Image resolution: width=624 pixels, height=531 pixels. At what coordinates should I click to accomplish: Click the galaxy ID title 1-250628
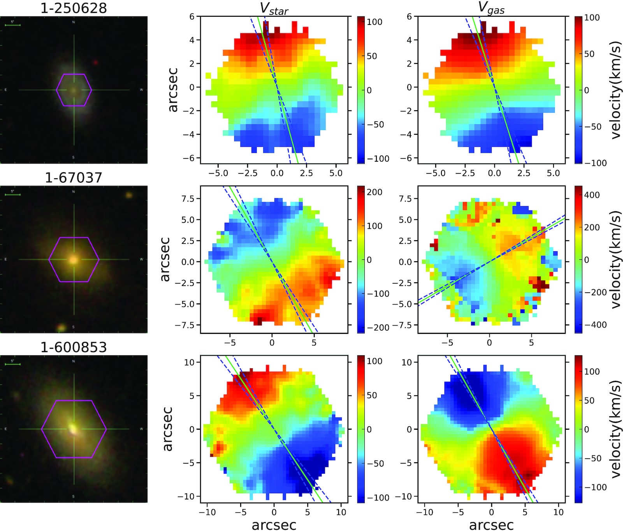[74, 8]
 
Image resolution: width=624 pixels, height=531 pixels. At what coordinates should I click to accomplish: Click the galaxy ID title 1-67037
[74, 178]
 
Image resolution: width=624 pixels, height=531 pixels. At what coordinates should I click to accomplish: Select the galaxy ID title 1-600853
[74, 347]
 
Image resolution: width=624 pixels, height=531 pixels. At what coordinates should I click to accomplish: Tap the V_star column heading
[274, 9]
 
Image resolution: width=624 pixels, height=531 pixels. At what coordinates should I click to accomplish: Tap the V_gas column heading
[491, 9]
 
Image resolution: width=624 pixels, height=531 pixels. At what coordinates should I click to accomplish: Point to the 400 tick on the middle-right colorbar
[592, 195]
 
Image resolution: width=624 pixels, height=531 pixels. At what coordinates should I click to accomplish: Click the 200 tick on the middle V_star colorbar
[374, 192]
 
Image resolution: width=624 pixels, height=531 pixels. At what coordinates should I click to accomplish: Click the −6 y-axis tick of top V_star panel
[192, 158]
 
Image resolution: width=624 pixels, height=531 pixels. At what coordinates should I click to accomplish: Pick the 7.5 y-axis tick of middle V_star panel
[188, 199]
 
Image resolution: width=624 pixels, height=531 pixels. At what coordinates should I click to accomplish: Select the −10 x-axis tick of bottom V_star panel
[207, 512]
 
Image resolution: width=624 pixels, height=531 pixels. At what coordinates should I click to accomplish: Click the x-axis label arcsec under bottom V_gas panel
[491, 524]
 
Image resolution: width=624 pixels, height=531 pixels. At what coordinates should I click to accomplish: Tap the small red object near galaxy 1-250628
[96, 62]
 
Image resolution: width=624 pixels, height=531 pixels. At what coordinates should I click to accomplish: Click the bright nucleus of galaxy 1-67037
[74, 259]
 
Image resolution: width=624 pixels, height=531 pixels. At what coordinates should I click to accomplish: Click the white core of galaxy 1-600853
[73, 429]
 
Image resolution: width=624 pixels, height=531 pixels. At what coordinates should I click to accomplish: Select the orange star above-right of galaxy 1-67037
[129, 195]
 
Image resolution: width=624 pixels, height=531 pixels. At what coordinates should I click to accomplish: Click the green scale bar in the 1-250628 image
[12, 25]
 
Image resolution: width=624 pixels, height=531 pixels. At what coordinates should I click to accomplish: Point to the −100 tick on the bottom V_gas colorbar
[596, 487]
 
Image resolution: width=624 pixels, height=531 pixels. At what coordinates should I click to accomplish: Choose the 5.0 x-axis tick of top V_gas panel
[553, 173]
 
